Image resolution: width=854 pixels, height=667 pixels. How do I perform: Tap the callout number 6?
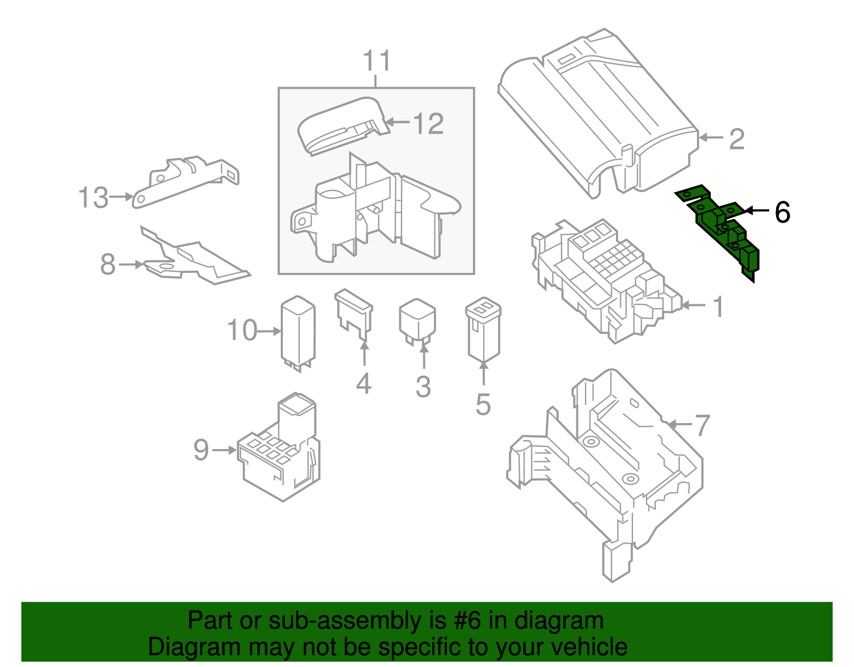tap(781, 212)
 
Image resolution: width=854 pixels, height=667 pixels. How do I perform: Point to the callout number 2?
tap(737, 139)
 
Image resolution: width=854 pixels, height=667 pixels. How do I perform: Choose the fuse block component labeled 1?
tap(603, 278)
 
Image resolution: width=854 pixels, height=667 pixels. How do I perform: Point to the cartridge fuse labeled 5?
tap(483, 331)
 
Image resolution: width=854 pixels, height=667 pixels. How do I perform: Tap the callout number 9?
tap(201, 450)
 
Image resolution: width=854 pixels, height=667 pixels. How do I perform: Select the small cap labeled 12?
tap(342, 125)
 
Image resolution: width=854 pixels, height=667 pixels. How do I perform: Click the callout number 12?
tap(428, 124)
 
